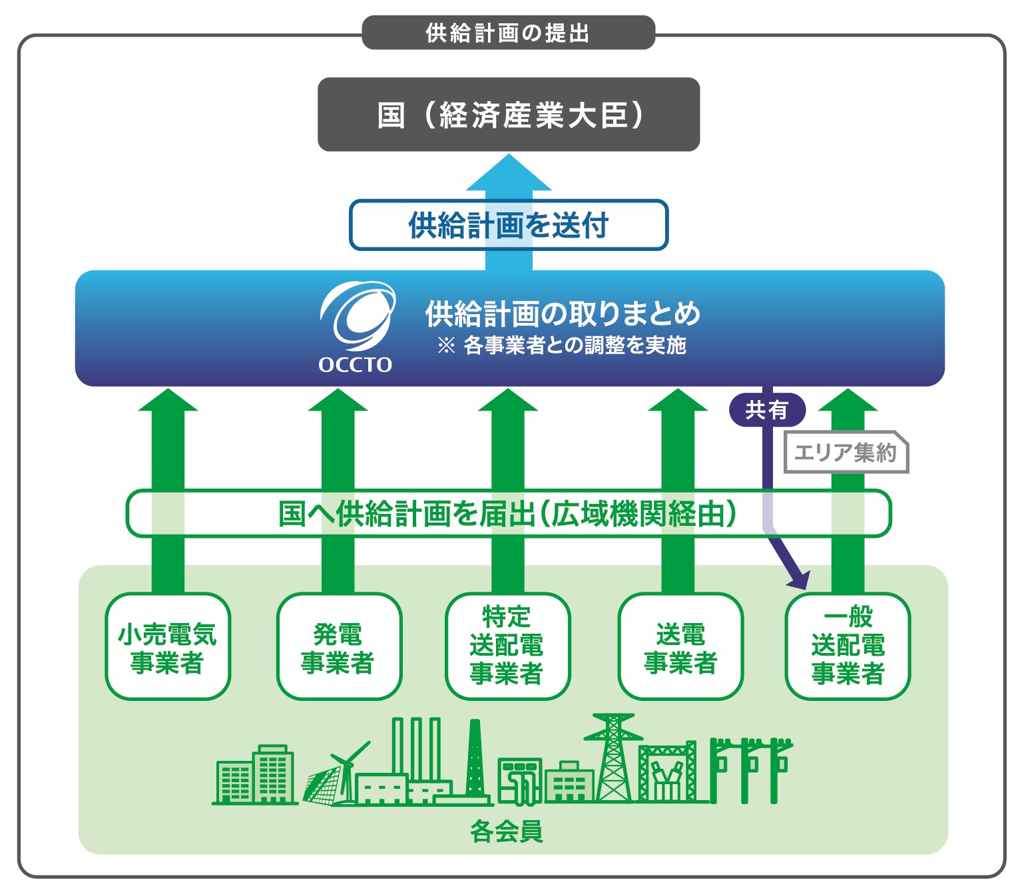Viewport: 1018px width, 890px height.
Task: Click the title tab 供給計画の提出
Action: click(x=508, y=33)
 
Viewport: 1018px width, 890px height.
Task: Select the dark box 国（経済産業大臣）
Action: click(x=509, y=114)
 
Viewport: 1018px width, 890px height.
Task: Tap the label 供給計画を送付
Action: click(x=509, y=225)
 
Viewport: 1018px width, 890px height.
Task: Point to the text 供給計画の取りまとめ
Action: click(x=563, y=314)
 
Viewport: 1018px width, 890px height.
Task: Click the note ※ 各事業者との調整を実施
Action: click(x=561, y=345)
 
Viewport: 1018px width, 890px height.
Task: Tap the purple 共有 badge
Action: click(x=767, y=409)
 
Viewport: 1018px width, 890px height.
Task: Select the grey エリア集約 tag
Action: click(x=846, y=453)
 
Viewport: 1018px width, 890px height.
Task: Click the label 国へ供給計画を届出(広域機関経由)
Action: click(x=508, y=513)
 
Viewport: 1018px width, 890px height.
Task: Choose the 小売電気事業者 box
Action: click(x=168, y=646)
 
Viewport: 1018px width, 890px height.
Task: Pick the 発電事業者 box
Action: click(x=338, y=646)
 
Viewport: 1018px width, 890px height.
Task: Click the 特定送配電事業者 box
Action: click(x=507, y=646)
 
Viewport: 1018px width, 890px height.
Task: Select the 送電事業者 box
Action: click(x=680, y=646)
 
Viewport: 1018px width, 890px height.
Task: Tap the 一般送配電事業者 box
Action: click(x=848, y=646)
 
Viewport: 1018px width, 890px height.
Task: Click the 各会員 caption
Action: click(x=507, y=831)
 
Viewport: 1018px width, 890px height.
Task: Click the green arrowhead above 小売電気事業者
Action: click(x=168, y=401)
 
